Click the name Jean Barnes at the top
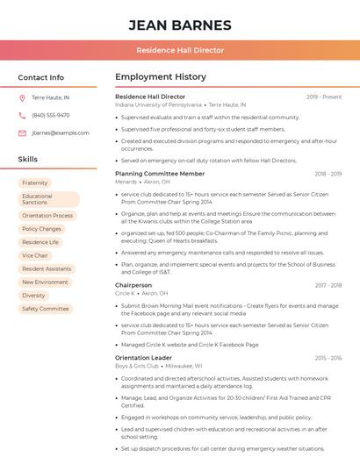click(x=180, y=25)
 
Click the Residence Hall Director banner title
click(x=180, y=51)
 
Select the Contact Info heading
click(x=41, y=77)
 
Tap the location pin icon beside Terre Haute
click(x=22, y=97)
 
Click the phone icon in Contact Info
click(x=22, y=115)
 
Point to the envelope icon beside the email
click(x=22, y=132)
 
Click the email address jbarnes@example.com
click(x=61, y=132)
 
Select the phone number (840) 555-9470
click(x=51, y=115)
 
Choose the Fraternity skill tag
click(x=35, y=182)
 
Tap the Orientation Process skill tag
click(x=47, y=215)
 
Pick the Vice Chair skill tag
click(x=35, y=255)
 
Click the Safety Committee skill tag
click(x=46, y=309)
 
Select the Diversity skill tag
click(x=33, y=296)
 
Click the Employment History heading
click(x=161, y=77)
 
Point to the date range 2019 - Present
click(x=324, y=97)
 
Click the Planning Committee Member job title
click(x=160, y=174)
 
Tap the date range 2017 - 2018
click(x=328, y=285)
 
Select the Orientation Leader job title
click(x=144, y=358)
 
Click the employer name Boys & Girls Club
click(x=137, y=366)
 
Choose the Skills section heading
click(x=28, y=159)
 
